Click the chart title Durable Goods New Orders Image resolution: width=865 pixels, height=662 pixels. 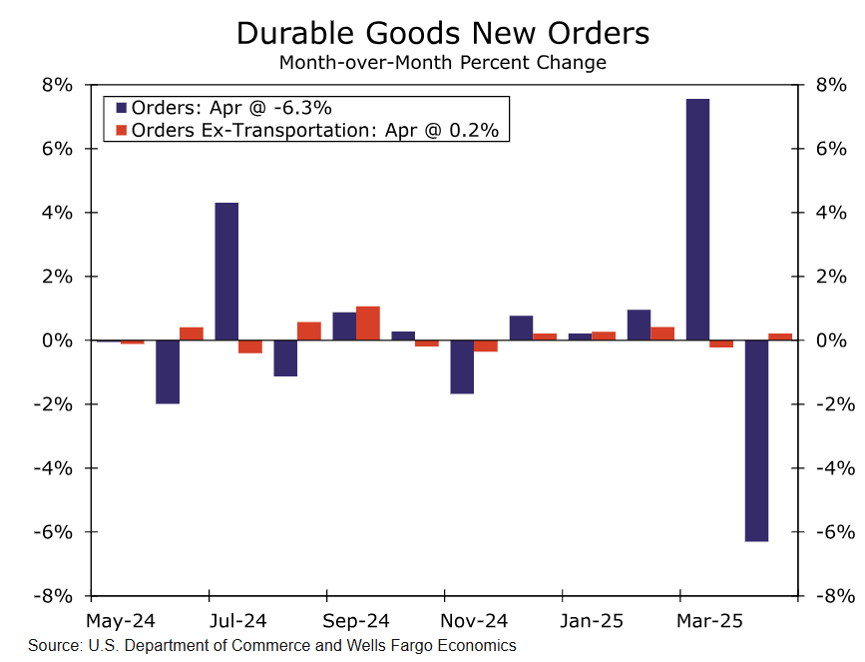442,33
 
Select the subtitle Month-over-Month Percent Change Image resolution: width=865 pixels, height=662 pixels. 442,63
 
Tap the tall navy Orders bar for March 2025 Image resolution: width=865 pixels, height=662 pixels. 697,220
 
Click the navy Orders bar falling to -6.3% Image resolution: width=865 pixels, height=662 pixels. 756,440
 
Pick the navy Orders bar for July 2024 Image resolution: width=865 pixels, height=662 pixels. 226,272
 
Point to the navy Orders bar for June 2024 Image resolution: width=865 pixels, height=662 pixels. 168,371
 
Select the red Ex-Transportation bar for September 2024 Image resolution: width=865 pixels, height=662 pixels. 368,324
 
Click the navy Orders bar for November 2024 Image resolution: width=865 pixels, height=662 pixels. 462,366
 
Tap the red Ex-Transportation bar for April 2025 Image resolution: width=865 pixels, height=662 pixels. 780,336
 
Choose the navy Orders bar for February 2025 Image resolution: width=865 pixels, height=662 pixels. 639,326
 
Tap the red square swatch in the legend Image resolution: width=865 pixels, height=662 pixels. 121,130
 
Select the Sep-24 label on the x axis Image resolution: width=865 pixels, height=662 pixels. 356,621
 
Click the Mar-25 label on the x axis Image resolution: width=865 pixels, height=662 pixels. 709,621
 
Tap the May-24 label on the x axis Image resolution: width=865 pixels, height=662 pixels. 120,621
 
